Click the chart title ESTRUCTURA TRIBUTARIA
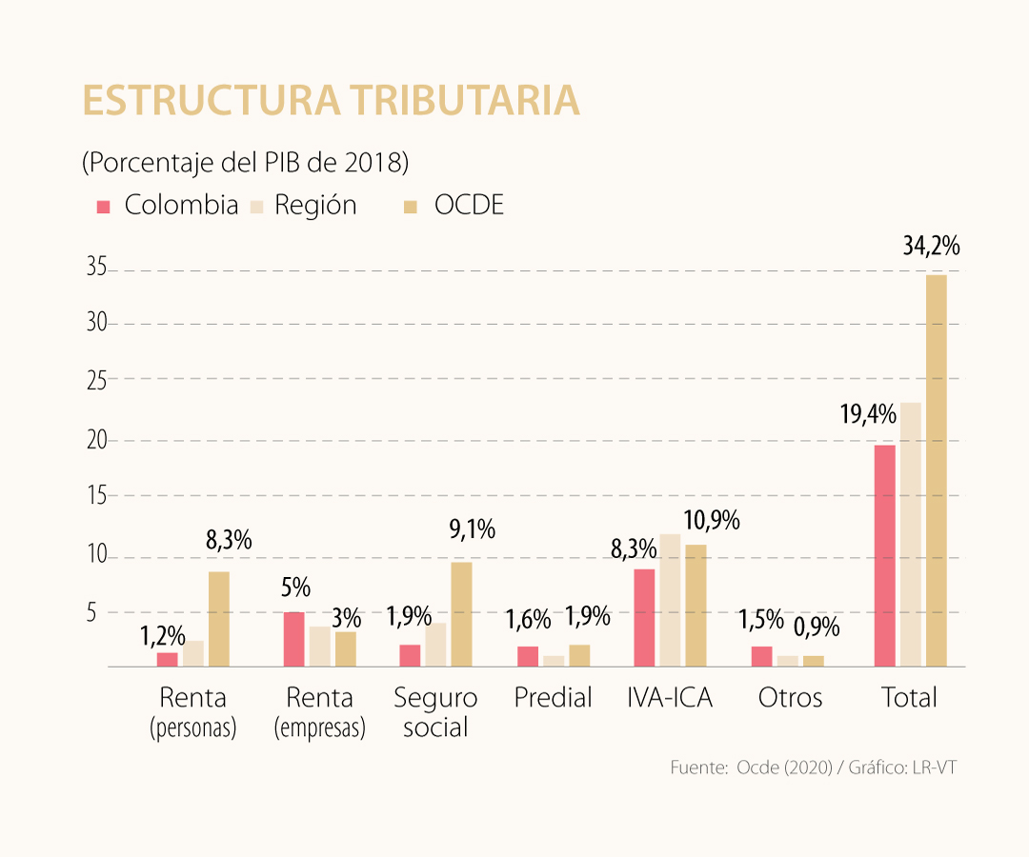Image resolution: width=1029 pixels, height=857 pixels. (x=331, y=101)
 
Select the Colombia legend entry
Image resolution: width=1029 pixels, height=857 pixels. (x=168, y=205)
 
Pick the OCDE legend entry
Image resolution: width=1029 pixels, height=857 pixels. (x=455, y=205)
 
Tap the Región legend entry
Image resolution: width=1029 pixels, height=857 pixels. (x=303, y=205)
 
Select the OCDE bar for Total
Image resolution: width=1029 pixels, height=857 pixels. (x=937, y=470)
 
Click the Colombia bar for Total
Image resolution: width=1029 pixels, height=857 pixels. (x=884, y=555)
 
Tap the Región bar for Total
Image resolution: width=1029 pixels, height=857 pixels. (x=910, y=534)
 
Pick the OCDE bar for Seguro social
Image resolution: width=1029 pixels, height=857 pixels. (x=461, y=614)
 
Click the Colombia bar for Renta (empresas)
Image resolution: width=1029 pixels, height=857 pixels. (x=293, y=639)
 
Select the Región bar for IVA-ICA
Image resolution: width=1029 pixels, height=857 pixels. (x=670, y=600)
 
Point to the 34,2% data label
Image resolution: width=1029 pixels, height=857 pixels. (x=931, y=248)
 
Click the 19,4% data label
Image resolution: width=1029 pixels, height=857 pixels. (x=867, y=414)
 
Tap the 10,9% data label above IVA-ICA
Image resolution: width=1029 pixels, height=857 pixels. (x=711, y=521)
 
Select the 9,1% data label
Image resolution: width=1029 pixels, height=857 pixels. (x=472, y=529)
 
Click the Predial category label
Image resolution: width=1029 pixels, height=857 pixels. (x=553, y=698)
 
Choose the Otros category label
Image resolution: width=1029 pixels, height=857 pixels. (x=790, y=698)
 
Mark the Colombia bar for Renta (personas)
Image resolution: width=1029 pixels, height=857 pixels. (x=168, y=659)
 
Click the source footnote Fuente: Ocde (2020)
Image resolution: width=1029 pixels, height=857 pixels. (x=812, y=767)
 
